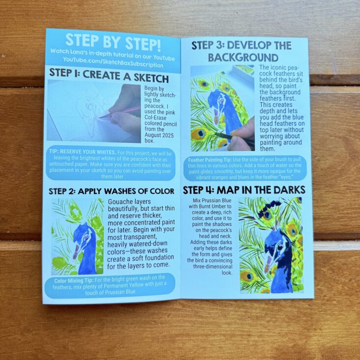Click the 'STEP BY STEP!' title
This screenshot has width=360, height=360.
point(113,42)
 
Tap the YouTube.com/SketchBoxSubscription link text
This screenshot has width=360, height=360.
point(113,62)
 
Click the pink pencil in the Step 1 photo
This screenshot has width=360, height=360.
point(119,112)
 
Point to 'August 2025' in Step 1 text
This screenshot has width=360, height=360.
point(159,135)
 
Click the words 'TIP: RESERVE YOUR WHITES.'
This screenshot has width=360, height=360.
point(83,152)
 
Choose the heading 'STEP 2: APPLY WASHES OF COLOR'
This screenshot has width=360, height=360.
point(111,191)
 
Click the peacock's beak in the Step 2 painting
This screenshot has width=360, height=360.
point(76,252)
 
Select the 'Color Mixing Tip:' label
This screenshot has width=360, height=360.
point(74,280)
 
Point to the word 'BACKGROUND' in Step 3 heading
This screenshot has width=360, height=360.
point(243,57)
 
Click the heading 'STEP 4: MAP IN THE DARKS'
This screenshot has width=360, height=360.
point(244,190)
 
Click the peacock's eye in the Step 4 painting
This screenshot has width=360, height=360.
point(279,247)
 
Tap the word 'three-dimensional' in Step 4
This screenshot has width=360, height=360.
point(213,267)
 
